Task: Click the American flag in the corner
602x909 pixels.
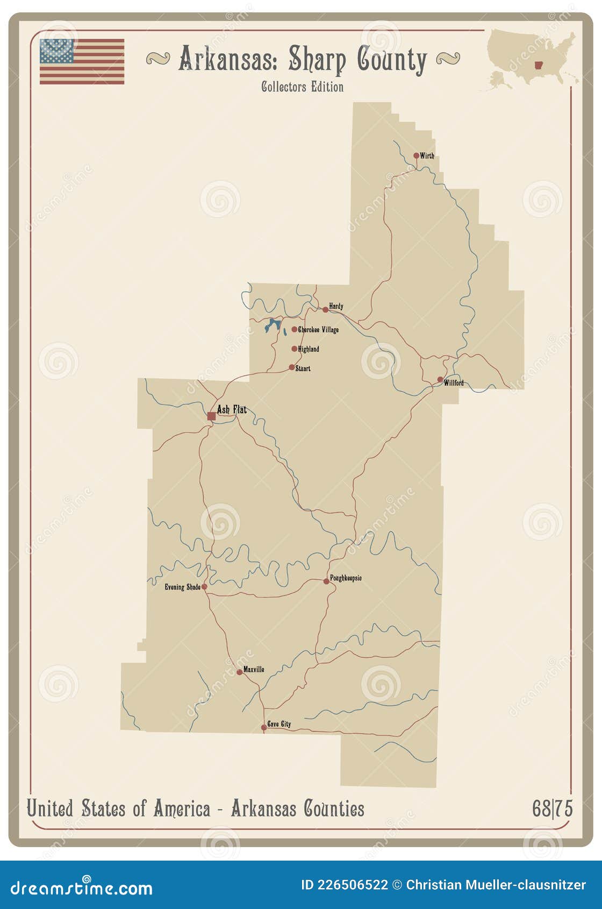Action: [82, 61]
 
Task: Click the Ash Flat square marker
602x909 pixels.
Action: [211, 416]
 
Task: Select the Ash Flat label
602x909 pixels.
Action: [232, 410]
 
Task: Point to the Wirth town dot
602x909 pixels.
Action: [416, 155]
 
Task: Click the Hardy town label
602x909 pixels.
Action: [336, 306]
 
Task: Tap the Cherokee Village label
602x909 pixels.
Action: [318, 330]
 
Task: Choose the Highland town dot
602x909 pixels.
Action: [294, 349]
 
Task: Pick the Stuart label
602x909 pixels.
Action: [303, 368]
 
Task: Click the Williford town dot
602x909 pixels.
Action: [440, 379]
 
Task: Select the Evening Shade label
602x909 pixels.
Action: [182, 587]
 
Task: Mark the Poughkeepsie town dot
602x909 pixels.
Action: [326, 581]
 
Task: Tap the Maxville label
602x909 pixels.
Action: [254, 670]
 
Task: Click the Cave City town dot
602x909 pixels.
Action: [263, 727]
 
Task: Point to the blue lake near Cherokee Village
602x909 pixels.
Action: [272, 325]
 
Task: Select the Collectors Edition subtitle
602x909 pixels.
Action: [302, 87]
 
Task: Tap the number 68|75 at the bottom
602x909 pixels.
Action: [552, 808]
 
